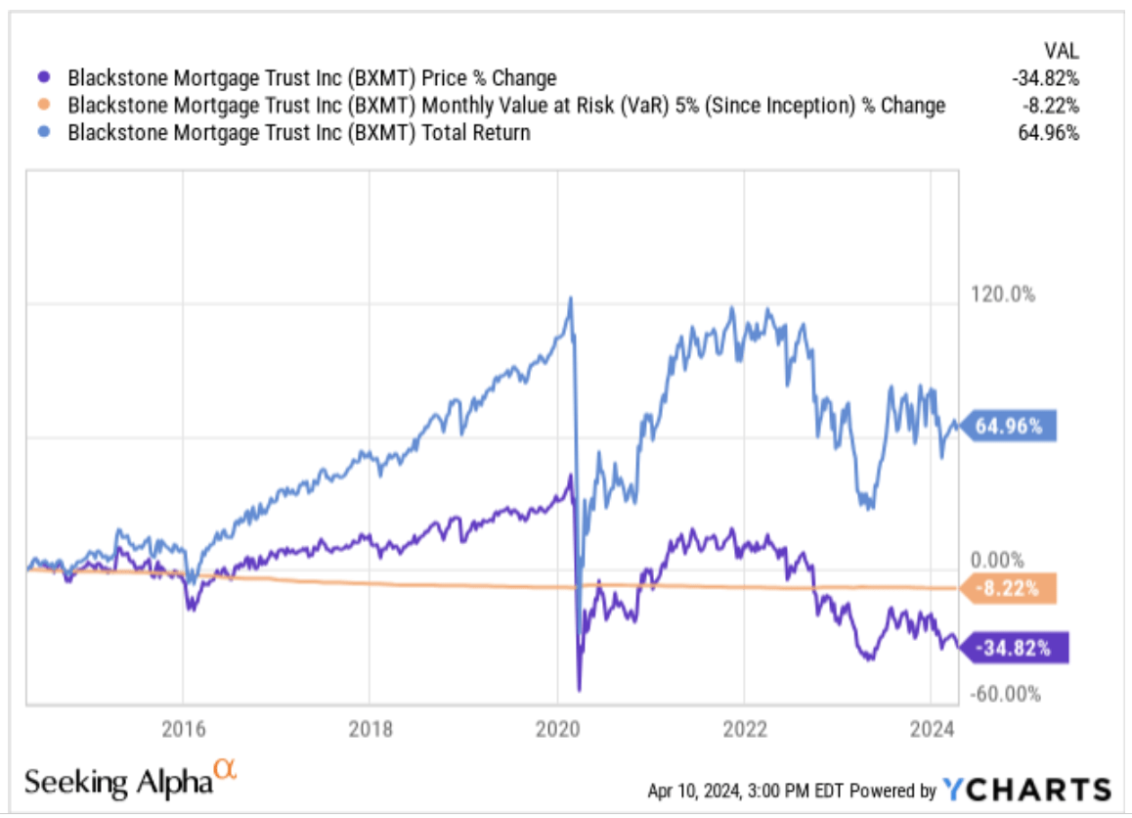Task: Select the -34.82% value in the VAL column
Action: coord(1046,78)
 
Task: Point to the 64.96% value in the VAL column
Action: coord(1049,133)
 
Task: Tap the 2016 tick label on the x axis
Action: coord(183,729)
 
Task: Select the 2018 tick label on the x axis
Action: coord(370,729)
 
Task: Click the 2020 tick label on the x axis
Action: coord(556,729)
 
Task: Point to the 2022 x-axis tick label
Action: coord(743,729)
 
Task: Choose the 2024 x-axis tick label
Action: coord(931,729)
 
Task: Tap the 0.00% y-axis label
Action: coord(997,560)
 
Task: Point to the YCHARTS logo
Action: coord(1026,789)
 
